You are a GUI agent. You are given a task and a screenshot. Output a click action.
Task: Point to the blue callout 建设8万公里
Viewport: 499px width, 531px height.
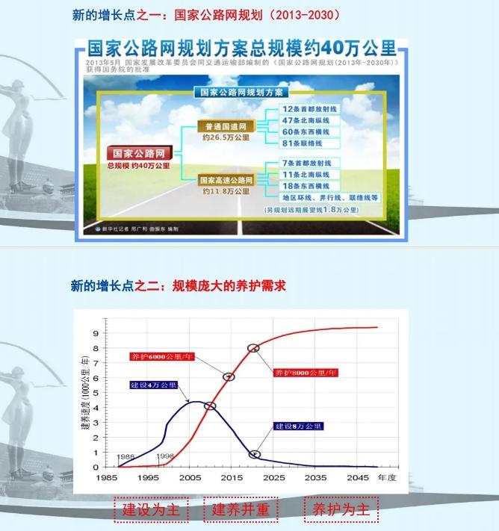(x=298, y=426)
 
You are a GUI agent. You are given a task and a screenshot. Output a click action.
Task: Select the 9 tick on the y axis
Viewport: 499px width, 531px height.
(x=96, y=332)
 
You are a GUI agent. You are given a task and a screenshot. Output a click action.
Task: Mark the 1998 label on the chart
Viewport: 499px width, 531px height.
(x=166, y=456)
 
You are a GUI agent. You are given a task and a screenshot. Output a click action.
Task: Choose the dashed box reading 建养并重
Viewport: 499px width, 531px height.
(x=240, y=510)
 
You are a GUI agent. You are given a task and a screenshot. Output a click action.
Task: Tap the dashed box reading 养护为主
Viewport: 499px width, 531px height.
(x=341, y=510)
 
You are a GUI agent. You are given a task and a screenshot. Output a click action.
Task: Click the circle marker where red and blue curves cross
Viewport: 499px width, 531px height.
(x=210, y=406)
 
